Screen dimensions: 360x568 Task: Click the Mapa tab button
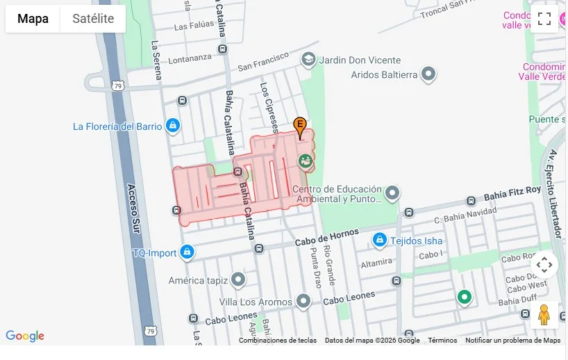click(33, 19)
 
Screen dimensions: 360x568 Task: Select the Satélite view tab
click(93, 19)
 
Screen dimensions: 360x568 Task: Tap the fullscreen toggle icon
click(544, 19)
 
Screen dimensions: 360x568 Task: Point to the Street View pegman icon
click(544, 315)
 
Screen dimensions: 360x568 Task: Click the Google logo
click(25, 336)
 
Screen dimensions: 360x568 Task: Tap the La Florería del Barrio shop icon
click(174, 126)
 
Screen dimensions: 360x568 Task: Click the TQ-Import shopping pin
click(186, 252)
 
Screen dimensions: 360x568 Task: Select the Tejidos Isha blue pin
click(379, 240)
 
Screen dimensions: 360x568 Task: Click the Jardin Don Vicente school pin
click(308, 60)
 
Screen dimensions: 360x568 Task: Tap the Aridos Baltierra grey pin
click(428, 74)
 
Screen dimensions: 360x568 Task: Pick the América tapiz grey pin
click(238, 280)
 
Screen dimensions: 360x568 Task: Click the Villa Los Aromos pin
click(303, 302)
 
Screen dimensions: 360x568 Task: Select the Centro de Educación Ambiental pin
click(392, 193)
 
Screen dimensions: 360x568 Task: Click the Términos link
click(442, 341)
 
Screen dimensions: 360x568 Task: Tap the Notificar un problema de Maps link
click(512, 341)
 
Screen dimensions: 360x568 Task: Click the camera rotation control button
click(544, 265)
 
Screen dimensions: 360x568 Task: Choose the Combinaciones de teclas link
click(278, 341)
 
